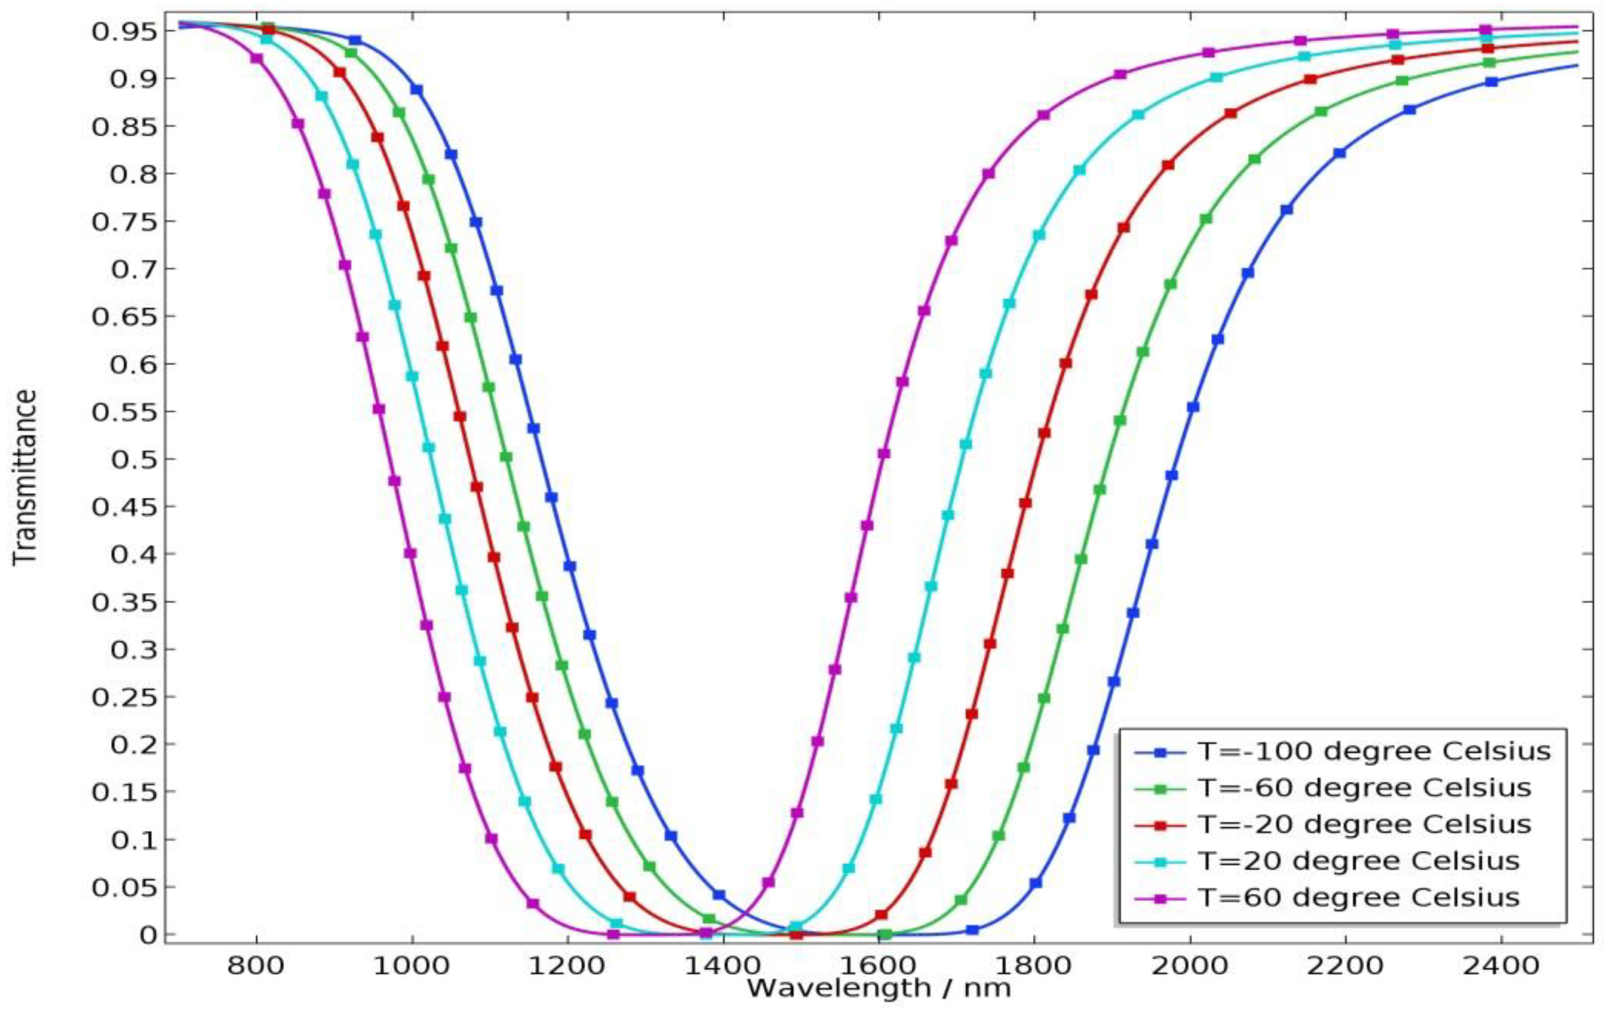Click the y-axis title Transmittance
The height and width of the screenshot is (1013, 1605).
[25, 478]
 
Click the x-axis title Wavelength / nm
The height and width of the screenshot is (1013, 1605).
[878, 988]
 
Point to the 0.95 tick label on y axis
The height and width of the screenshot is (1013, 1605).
[125, 32]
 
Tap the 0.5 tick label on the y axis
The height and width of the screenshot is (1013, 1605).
[133, 459]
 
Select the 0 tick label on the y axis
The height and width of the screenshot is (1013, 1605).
[148, 935]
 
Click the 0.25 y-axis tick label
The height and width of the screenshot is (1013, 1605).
[125, 697]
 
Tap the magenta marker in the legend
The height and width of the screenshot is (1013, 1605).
[1160, 899]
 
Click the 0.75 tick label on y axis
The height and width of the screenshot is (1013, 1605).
[125, 222]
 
